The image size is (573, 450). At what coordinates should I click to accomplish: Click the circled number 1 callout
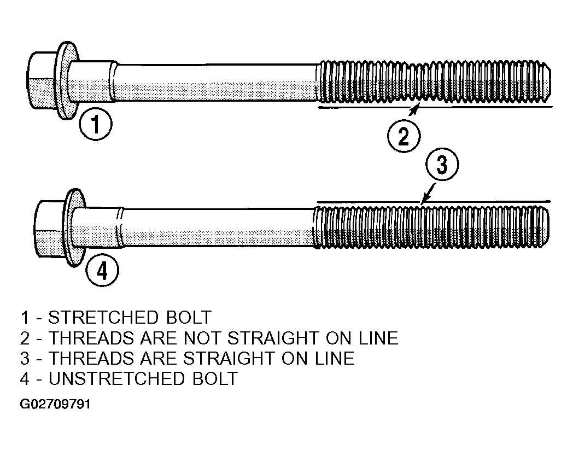(96, 124)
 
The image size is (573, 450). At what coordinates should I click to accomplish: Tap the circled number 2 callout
(404, 136)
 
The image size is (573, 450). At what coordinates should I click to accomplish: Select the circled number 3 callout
(442, 164)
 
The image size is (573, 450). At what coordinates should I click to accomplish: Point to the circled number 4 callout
(102, 271)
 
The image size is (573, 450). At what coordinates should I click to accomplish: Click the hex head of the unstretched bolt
(49, 229)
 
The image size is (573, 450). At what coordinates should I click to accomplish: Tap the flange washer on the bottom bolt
(75, 228)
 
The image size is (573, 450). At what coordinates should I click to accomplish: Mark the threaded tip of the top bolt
(546, 81)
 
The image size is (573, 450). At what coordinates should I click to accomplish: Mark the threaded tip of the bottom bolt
(543, 226)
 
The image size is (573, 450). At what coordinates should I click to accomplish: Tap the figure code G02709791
(55, 404)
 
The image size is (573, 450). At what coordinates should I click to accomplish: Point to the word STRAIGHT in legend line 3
(228, 358)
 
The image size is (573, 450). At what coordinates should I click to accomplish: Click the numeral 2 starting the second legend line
(25, 338)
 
